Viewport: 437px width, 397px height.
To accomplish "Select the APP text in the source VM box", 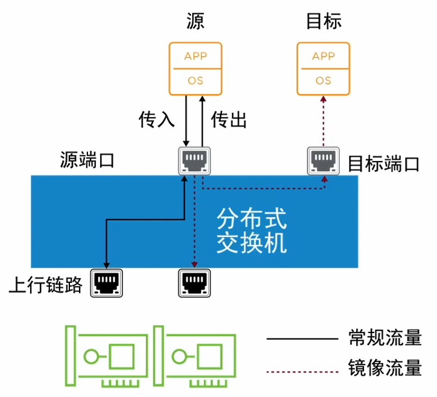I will click(195, 56).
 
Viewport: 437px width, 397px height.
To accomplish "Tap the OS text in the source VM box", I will click(195, 81).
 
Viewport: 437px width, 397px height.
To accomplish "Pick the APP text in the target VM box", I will click(323, 56).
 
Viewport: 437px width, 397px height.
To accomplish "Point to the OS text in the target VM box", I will click(323, 81).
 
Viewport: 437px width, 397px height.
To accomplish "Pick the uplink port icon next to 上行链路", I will click(106, 283).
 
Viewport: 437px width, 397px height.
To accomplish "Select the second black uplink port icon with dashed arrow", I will click(194, 283).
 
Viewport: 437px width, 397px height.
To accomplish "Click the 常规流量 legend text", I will click(385, 337).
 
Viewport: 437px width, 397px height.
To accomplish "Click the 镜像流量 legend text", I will click(385, 367).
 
